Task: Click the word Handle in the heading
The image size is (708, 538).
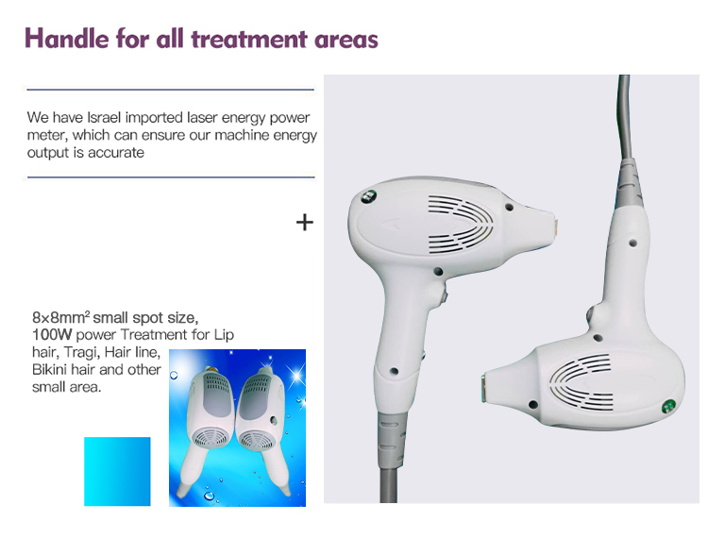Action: [x=67, y=39]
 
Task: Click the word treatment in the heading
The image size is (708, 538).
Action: [x=250, y=40]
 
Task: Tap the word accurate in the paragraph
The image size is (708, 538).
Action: [x=115, y=153]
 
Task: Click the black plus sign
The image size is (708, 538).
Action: [x=305, y=223]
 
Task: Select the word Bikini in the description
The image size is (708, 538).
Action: [x=50, y=370]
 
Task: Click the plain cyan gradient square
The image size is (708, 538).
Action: [x=117, y=471]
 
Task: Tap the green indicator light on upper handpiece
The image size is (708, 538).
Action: [x=369, y=196]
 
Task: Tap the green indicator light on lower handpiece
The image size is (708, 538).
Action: [x=667, y=407]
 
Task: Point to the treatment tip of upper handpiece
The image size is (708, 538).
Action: [x=553, y=230]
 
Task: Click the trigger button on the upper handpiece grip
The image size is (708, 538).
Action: [x=444, y=297]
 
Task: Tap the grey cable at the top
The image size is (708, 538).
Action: [x=625, y=117]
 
